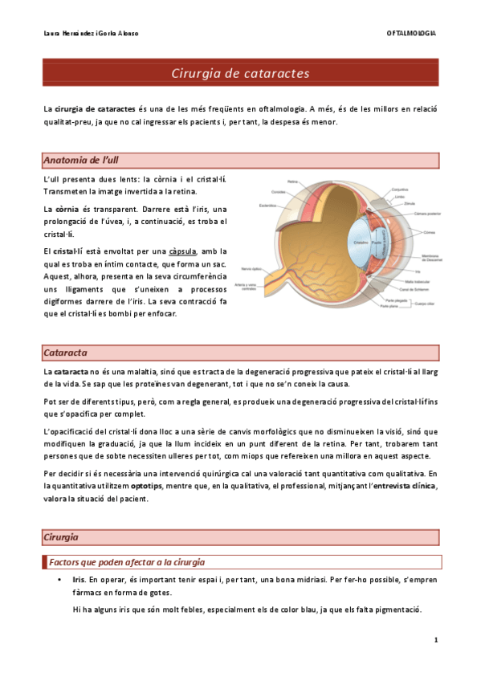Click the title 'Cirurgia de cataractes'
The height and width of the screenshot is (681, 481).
(x=240, y=74)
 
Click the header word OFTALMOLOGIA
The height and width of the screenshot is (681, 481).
(x=411, y=33)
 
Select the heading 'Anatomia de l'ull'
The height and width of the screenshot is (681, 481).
(x=84, y=160)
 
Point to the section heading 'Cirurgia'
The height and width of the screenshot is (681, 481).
(x=62, y=536)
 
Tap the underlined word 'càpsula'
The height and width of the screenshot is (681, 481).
(x=184, y=251)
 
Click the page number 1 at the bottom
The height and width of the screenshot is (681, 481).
(x=434, y=640)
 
